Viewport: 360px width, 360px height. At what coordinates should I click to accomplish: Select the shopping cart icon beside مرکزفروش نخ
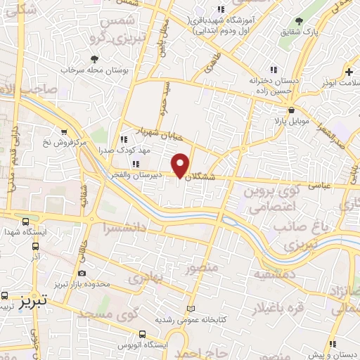(x=65, y=131)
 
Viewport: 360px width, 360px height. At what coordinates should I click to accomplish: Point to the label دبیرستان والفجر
(x=140, y=174)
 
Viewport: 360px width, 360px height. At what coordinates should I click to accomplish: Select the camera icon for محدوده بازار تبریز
(x=83, y=273)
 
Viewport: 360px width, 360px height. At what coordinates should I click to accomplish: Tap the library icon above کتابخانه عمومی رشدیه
(x=190, y=309)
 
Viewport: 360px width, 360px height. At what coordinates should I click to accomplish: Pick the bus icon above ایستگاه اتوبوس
(x=143, y=334)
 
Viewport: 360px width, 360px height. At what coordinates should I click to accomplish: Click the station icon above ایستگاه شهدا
(x=26, y=221)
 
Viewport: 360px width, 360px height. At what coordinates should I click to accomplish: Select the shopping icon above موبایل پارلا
(x=291, y=110)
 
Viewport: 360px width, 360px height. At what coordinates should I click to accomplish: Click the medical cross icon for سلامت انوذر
(x=349, y=72)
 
